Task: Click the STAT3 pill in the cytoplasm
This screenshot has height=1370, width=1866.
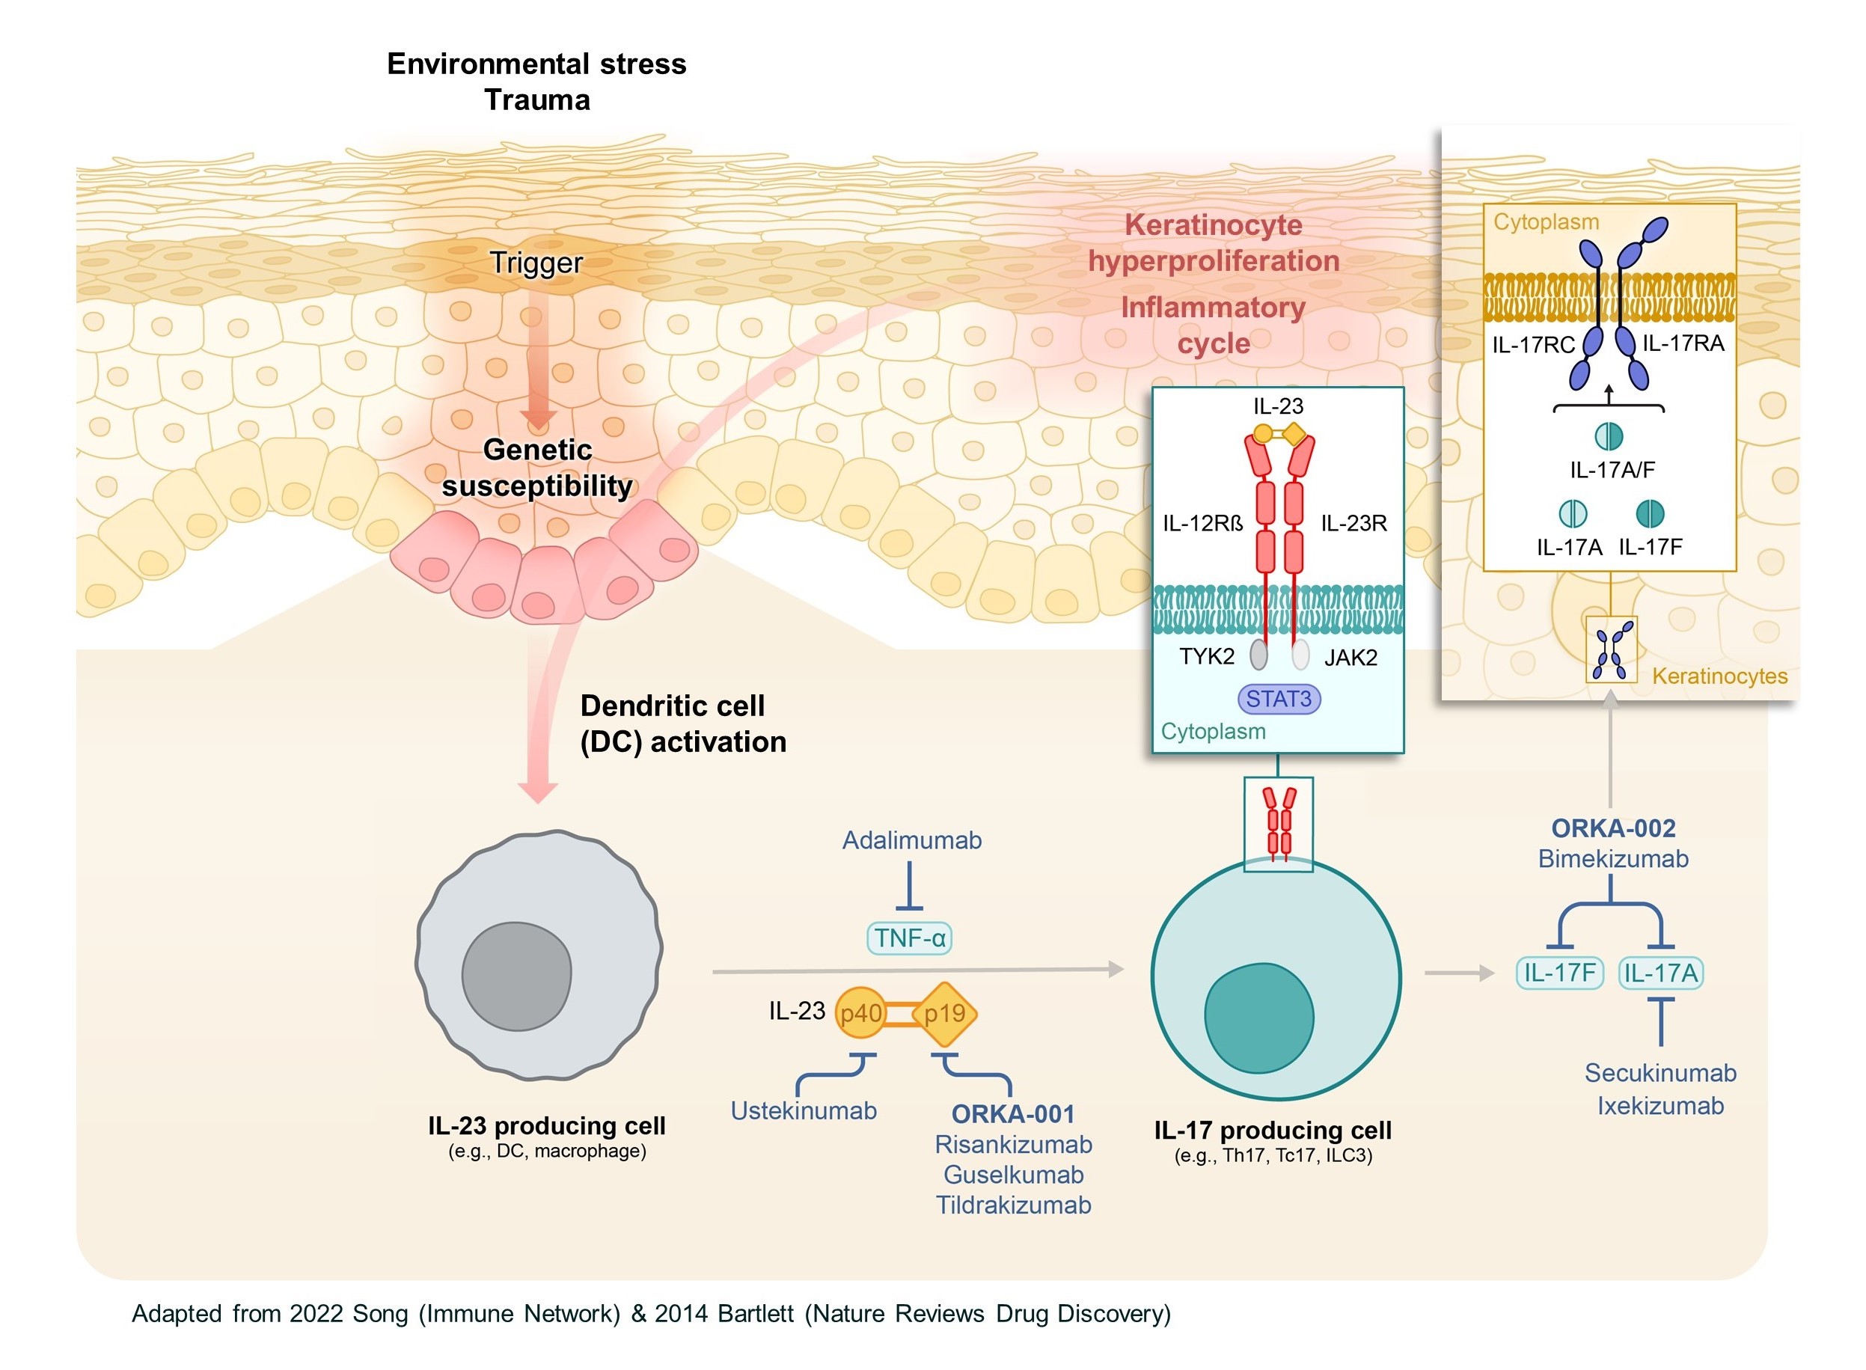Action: pyautogui.click(x=1278, y=699)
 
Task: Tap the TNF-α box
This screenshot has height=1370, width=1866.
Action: pyautogui.click(x=909, y=938)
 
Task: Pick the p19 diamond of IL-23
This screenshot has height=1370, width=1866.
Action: pyautogui.click(x=945, y=1013)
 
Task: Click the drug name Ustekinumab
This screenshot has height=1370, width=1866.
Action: pyautogui.click(x=803, y=1110)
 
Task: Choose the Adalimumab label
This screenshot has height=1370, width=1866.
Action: pyautogui.click(x=911, y=840)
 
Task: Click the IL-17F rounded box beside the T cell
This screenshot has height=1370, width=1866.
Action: pyautogui.click(x=1559, y=973)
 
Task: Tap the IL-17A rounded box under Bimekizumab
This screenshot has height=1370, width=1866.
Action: pyautogui.click(x=1660, y=973)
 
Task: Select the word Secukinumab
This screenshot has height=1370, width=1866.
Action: pyautogui.click(x=1659, y=1073)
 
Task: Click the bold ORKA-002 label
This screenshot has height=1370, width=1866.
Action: pyautogui.click(x=1613, y=828)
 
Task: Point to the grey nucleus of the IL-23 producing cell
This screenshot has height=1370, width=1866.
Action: pyautogui.click(x=517, y=976)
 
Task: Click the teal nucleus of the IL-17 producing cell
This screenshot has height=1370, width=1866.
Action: pyautogui.click(x=1258, y=1018)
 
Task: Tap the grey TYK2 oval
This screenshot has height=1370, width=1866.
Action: pyautogui.click(x=1259, y=654)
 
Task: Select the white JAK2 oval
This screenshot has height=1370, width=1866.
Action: pyautogui.click(x=1300, y=654)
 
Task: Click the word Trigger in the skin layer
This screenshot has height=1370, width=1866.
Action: pyautogui.click(x=536, y=263)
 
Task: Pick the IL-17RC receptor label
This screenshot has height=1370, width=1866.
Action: pyautogui.click(x=1532, y=345)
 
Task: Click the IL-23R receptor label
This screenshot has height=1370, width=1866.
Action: pyautogui.click(x=1353, y=523)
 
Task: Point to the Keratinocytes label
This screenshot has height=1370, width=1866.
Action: pyautogui.click(x=1719, y=676)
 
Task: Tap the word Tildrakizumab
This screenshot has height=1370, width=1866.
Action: pyautogui.click(x=1014, y=1205)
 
